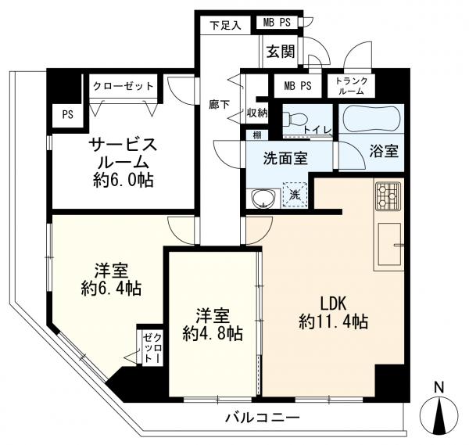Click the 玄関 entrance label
(x=281, y=52)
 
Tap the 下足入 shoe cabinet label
(x=225, y=26)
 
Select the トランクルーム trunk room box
(x=351, y=85)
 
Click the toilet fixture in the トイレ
(x=295, y=120)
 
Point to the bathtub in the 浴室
(x=371, y=119)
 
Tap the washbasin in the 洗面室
(x=264, y=198)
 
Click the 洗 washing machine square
(x=295, y=195)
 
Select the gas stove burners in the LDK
(x=388, y=196)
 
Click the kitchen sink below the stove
(x=389, y=244)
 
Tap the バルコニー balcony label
(x=262, y=417)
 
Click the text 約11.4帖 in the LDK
(x=333, y=321)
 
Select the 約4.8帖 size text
(x=213, y=333)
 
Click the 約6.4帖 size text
(x=111, y=289)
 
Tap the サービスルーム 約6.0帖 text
(x=123, y=162)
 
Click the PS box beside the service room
(x=67, y=115)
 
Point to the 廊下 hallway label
(x=219, y=105)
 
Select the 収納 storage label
(x=257, y=113)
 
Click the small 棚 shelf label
(x=257, y=135)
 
